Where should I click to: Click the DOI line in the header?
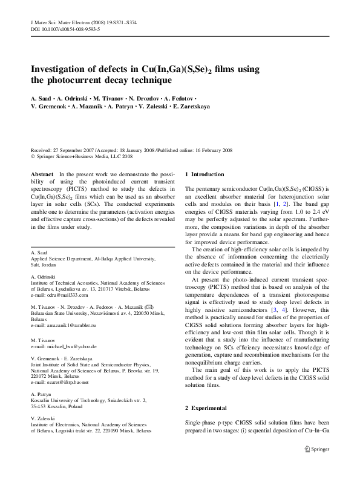pos(65,29)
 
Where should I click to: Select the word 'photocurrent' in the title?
pos(74,80)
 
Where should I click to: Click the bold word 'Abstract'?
pos(41,174)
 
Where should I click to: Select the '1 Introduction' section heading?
pos(205,174)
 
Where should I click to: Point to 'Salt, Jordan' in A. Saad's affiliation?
pos(43,265)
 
